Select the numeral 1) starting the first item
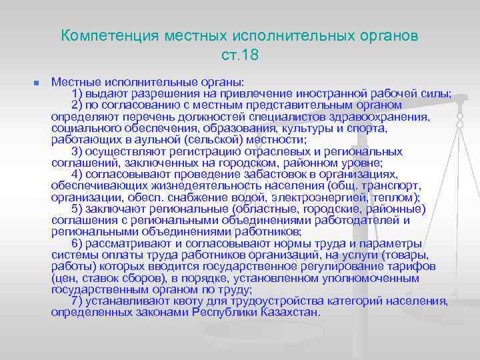click(77, 93)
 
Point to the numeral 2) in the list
click(77, 105)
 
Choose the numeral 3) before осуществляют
click(77, 151)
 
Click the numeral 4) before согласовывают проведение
click(77, 175)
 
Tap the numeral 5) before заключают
click(77, 209)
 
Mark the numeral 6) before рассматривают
click(77, 243)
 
